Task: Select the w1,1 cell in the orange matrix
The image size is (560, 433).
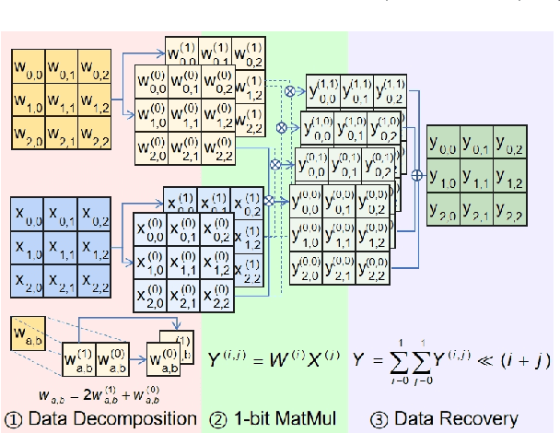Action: tap(61, 100)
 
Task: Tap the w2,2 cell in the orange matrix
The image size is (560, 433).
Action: tap(96, 135)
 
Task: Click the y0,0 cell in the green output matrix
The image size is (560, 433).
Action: tap(443, 143)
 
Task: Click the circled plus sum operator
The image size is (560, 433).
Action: tap(415, 173)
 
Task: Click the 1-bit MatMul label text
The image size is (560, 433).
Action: tap(283, 416)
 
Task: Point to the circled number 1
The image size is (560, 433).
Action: tap(13, 416)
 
